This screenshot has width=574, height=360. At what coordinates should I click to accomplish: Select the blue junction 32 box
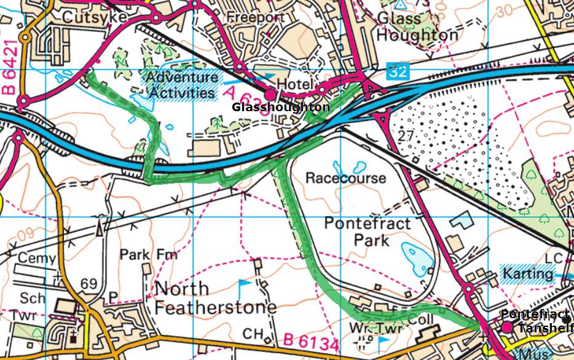pos(398,71)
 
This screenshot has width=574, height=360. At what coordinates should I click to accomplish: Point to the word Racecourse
pos(346,178)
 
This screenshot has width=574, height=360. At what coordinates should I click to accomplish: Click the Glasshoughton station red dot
pos(270,95)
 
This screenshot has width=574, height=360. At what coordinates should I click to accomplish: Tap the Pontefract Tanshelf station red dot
pos(506,328)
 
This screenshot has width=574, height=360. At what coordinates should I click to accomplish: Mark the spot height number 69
pos(89,283)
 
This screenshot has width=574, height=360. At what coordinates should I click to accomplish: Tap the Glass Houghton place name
pos(417,27)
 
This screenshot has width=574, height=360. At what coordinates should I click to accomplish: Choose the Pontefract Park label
pos(367,230)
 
